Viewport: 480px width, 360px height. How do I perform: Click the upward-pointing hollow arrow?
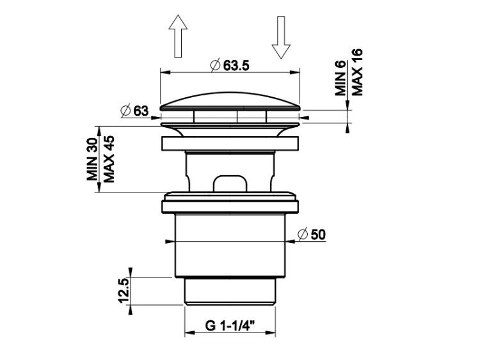[x=178, y=36]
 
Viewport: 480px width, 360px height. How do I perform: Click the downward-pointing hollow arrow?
[x=281, y=37]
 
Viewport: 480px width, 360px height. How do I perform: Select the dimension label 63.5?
[x=236, y=65]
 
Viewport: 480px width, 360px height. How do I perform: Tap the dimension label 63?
[x=141, y=111]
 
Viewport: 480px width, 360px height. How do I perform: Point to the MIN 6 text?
[x=340, y=78]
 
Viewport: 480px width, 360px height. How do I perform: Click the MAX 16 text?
[x=357, y=72]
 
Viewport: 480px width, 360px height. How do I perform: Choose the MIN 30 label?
[x=92, y=159]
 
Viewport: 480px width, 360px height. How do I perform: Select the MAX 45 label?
[x=109, y=159]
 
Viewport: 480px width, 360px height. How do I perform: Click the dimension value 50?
[x=318, y=235]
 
